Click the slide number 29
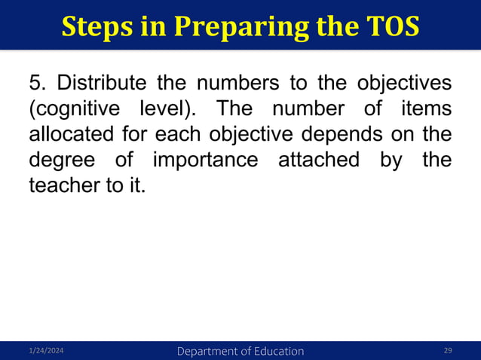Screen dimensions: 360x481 pyautogui.click(x=448, y=352)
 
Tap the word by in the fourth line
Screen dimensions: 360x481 pyautogui.click(x=400, y=160)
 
